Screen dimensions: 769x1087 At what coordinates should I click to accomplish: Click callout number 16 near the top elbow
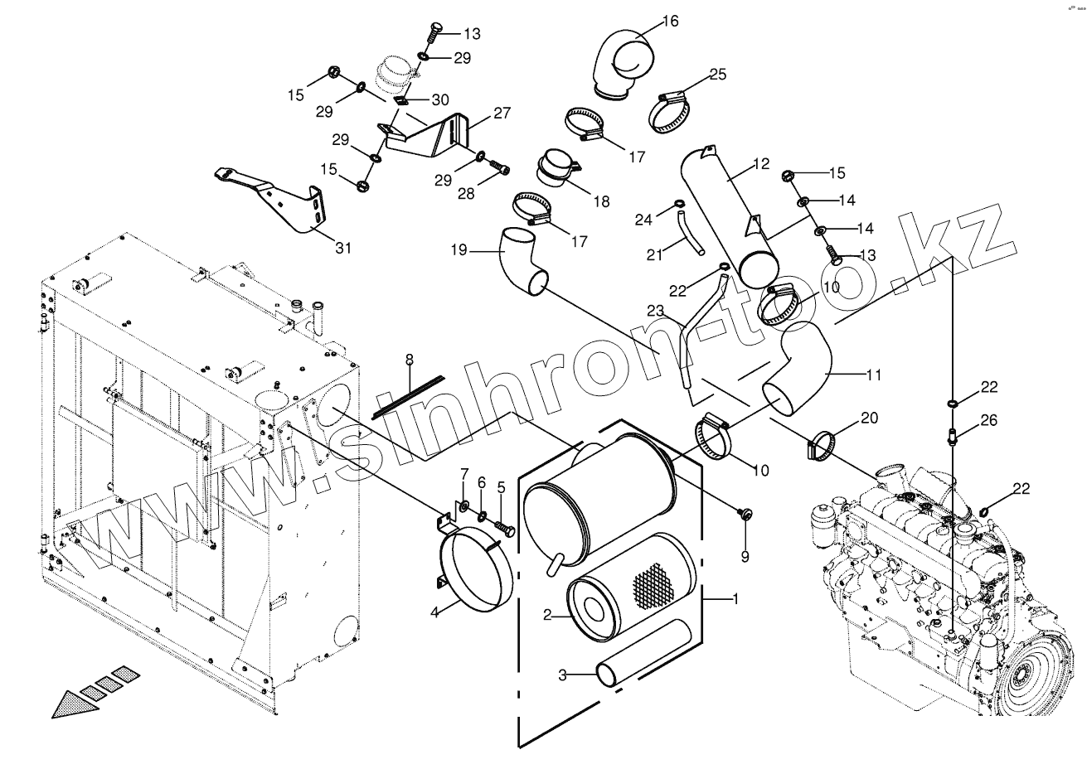tap(670, 21)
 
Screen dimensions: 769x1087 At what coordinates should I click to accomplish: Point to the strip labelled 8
tap(408, 393)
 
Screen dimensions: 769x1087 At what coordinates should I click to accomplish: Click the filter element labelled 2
tap(626, 588)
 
